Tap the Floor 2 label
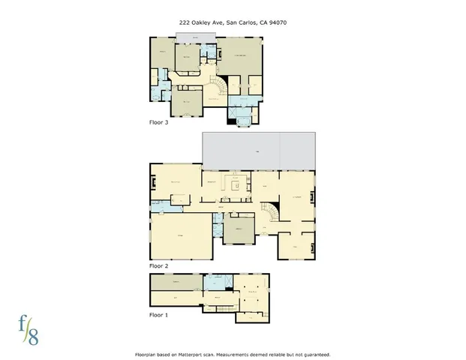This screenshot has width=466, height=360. coord(158,265)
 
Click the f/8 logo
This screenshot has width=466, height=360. coord(29,327)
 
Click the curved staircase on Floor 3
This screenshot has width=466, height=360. coord(215,90)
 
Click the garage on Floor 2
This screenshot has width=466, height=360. coord(180,236)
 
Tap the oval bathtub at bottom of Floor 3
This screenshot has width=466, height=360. coord(243,118)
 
